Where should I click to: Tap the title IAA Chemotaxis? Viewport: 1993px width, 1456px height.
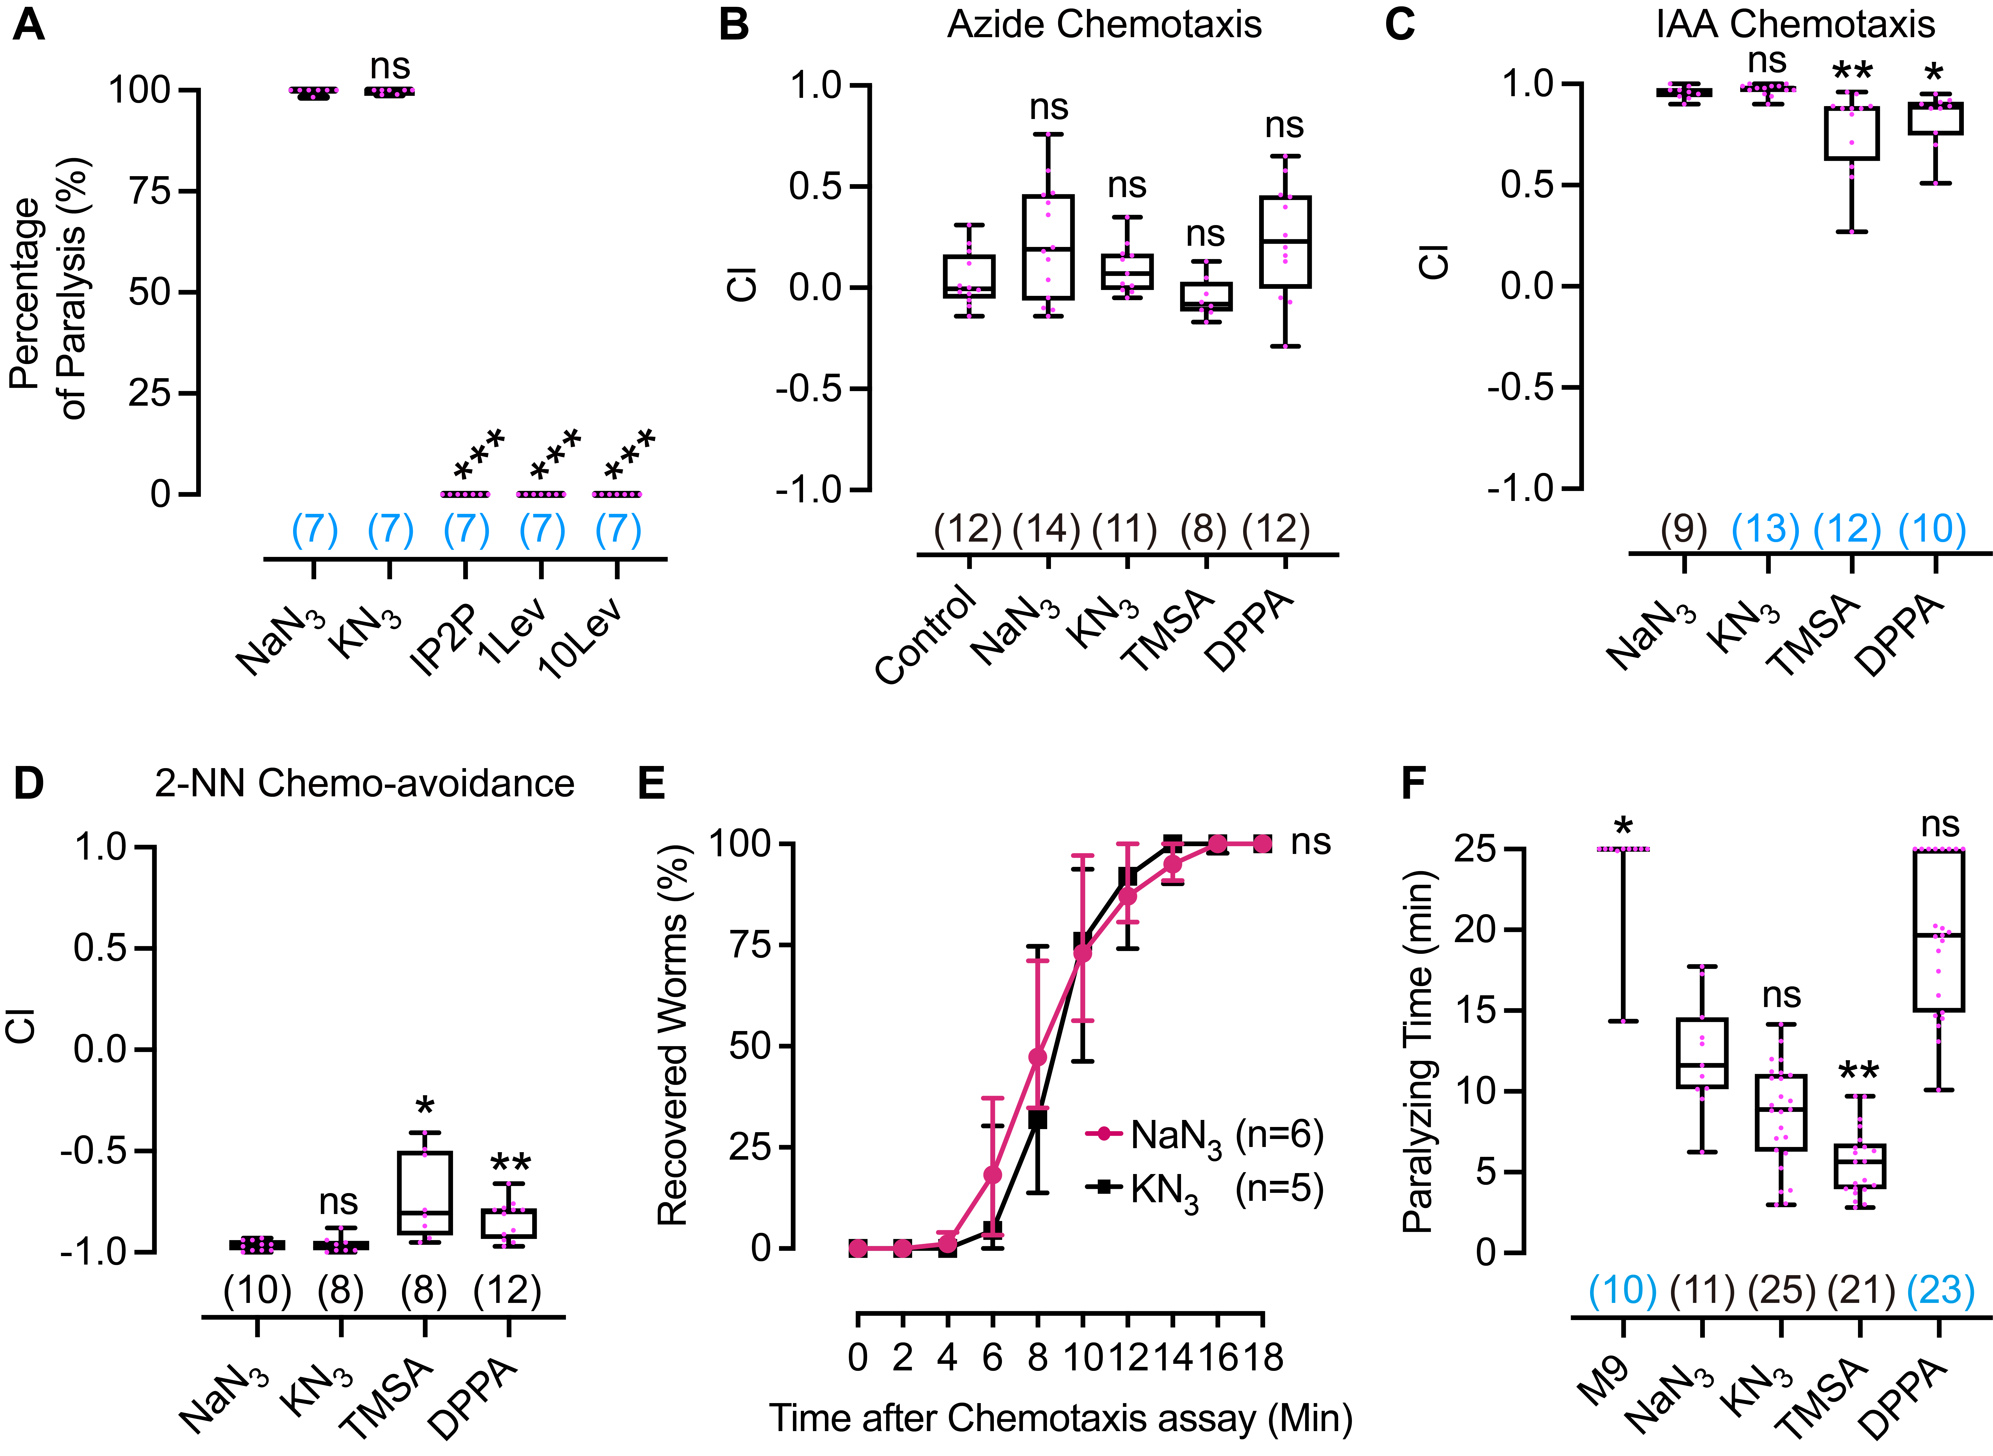pyautogui.click(x=1796, y=25)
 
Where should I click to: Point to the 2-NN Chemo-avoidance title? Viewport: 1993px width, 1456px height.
pyautogui.click(x=364, y=783)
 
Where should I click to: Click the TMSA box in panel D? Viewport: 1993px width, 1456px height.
pyautogui.click(x=425, y=1192)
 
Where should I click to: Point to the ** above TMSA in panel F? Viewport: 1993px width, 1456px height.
pyautogui.click(x=1858, y=1072)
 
